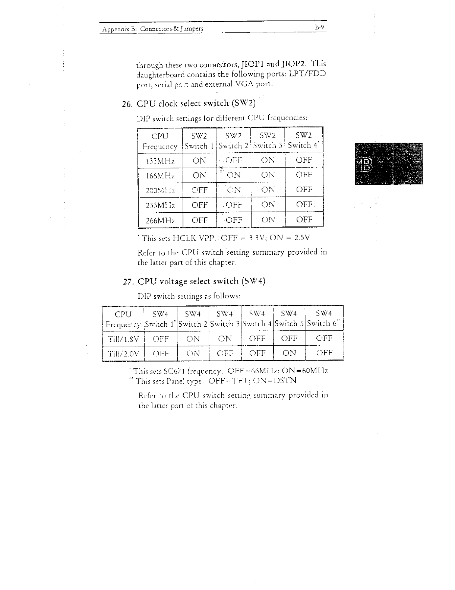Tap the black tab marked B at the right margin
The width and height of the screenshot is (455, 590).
(x=389, y=163)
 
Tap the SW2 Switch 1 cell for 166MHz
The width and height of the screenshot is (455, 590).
(x=200, y=175)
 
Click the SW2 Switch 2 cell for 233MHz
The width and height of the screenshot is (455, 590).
(x=234, y=205)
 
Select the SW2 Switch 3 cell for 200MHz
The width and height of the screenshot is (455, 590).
(x=268, y=190)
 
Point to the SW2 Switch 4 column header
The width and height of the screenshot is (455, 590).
(x=304, y=140)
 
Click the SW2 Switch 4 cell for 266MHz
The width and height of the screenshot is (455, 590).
(x=304, y=219)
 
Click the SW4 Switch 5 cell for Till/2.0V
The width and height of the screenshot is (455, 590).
(x=289, y=353)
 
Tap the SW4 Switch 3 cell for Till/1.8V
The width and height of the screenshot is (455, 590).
(x=225, y=339)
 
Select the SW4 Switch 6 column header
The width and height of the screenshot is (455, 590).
(x=324, y=318)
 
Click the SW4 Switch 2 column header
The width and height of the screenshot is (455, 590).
(x=193, y=318)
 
